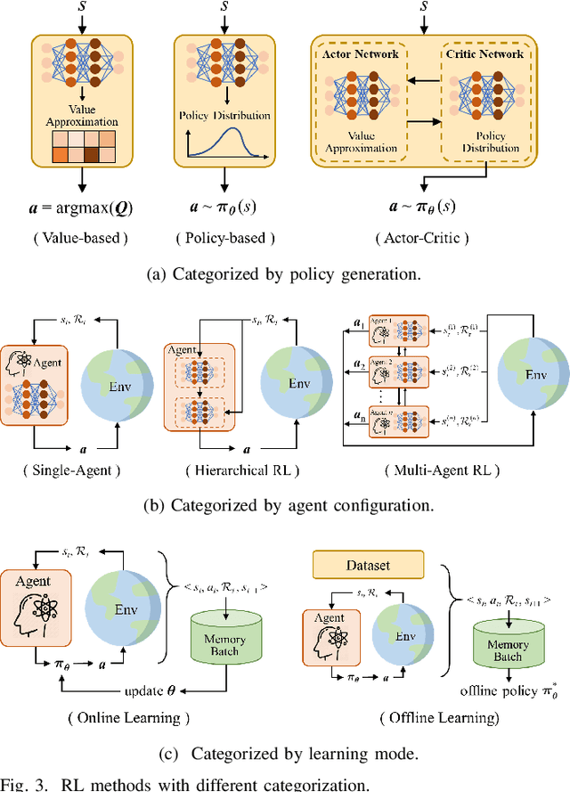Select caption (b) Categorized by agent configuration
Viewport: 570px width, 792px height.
(x=288, y=505)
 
